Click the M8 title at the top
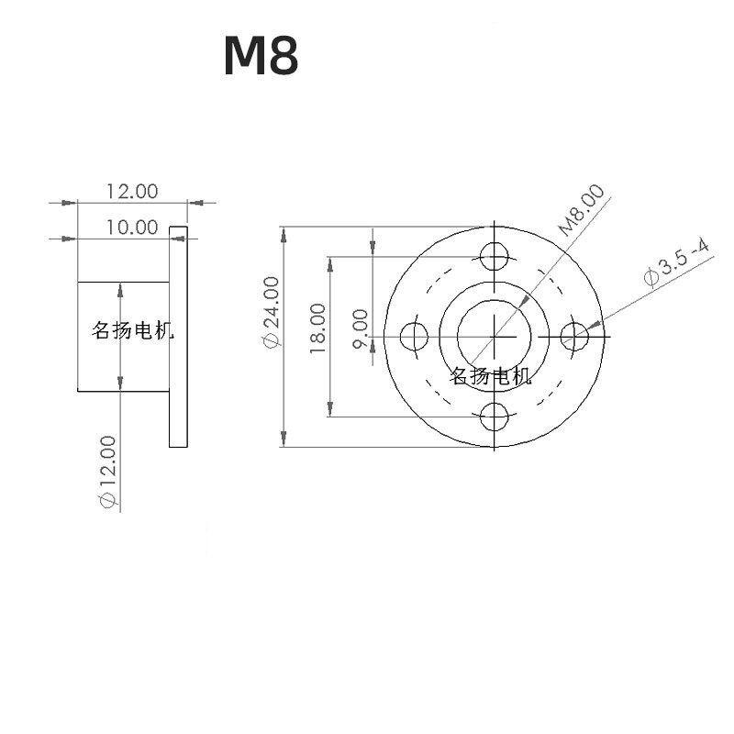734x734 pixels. point(261,57)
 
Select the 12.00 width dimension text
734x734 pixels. point(132,191)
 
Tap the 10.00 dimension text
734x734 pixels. point(132,228)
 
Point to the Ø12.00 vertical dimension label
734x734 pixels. point(107,472)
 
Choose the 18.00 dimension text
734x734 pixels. point(317,329)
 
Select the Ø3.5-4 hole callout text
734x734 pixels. point(677,262)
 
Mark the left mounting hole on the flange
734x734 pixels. point(415,337)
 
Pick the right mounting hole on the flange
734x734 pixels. point(575,337)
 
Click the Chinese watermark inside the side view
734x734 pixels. point(132,331)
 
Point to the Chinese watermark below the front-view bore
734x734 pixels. point(490,375)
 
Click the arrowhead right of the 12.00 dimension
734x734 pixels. point(195,203)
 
